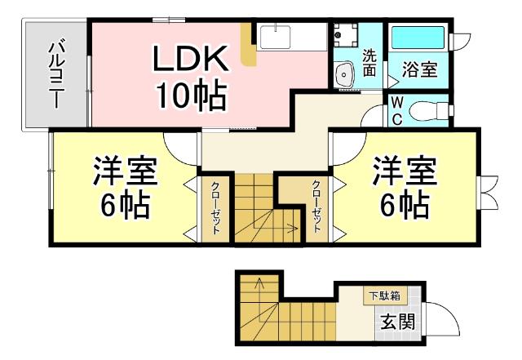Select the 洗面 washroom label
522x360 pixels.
tap(369, 64)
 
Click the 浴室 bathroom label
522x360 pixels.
tap(419, 69)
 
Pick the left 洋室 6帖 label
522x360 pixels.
tap(124, 189)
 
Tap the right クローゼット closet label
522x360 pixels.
tap(316, 208)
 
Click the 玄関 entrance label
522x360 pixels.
tap(396, 320)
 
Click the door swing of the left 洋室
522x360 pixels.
tap(181, 146)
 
